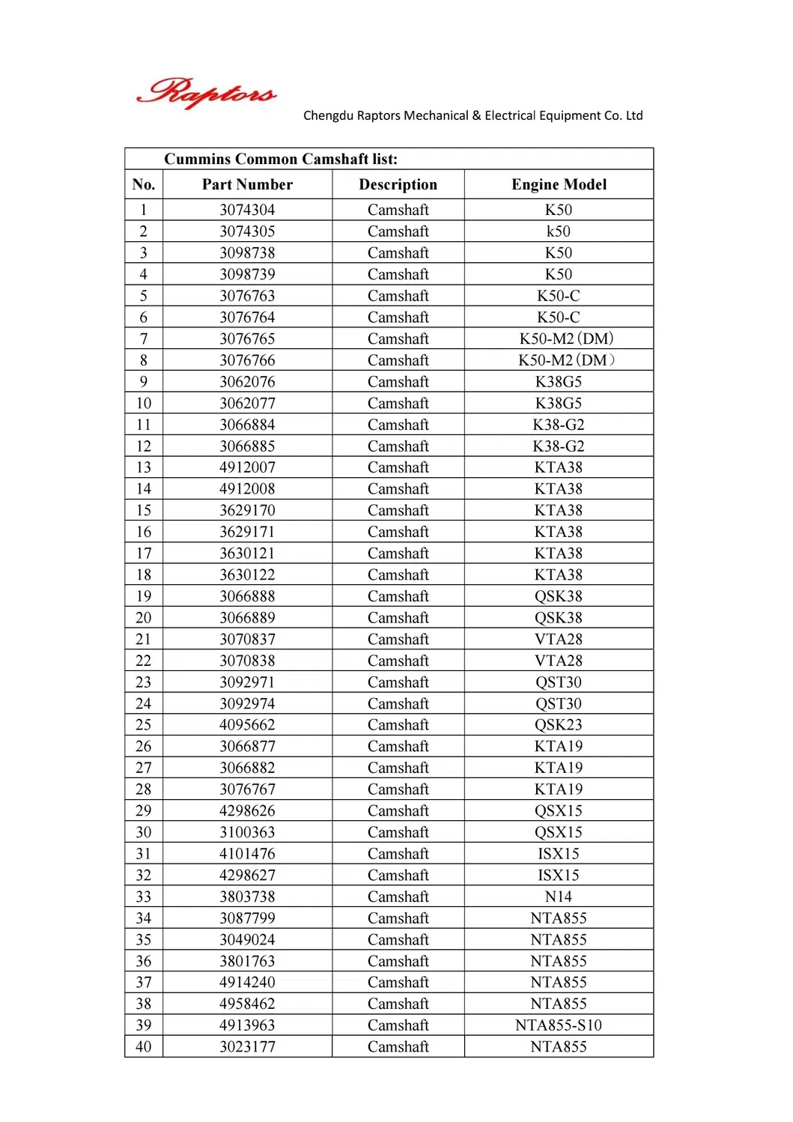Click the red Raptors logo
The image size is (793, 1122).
[206, 93]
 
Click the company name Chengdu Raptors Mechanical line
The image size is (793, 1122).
[473, 115]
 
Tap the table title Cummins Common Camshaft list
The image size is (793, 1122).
[281, 159]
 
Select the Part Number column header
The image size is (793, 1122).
[247, 184]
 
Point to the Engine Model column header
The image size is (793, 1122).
[559, 184]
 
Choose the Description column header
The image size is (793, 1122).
[398, 184]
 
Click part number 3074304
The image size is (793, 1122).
[247, 210]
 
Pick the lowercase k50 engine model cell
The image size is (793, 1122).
[559, 231]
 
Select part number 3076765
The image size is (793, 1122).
[247, 339]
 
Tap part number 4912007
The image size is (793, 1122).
[247, 467]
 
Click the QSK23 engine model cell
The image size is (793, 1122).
[559, 725]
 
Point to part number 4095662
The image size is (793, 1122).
[247, 725]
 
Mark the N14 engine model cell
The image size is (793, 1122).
[559, 897]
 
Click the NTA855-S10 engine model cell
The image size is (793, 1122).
[559, 1025]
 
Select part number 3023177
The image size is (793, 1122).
[247, 1047]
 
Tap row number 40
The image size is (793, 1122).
[143, 1047]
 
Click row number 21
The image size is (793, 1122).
[143, 640]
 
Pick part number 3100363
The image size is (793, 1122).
[247, 832]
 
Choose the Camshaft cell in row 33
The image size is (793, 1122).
[398, 897]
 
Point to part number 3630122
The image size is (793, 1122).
[247, 575]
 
